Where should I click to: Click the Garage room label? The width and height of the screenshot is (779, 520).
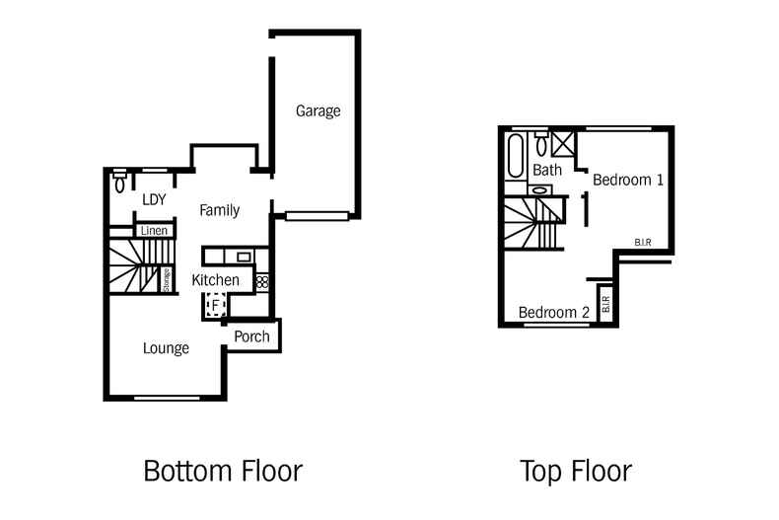[318, 111]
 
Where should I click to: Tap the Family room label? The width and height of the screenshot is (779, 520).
[219, 210]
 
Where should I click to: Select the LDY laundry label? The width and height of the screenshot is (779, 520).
[154, 199]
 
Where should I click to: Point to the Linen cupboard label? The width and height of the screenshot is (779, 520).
[154, 231]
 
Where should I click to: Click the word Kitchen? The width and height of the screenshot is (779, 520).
[216, 280]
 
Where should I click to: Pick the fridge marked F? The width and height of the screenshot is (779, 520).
[215, 305]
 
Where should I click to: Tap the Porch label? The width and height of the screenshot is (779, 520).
[251, 336]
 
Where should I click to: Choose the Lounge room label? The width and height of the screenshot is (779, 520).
[166, 348]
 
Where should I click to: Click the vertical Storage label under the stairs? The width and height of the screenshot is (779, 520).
[167, 280]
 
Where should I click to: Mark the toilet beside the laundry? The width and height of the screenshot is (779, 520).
[119, 182]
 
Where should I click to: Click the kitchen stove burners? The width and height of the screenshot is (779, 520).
[262, 283]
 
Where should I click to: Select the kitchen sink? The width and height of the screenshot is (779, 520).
[244, 257]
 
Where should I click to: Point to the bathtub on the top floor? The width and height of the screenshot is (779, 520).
[515, 155]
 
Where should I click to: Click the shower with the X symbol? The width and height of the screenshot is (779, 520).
[563, 145]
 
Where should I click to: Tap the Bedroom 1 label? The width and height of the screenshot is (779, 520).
[628, 180]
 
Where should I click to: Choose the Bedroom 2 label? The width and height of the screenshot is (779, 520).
[554, 312]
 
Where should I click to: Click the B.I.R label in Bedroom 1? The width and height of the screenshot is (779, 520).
[643, 242]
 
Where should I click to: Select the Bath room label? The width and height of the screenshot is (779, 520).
[547, 170]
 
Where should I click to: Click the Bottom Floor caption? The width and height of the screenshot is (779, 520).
[223, 471]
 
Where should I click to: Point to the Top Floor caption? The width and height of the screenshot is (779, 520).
[576, 472]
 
